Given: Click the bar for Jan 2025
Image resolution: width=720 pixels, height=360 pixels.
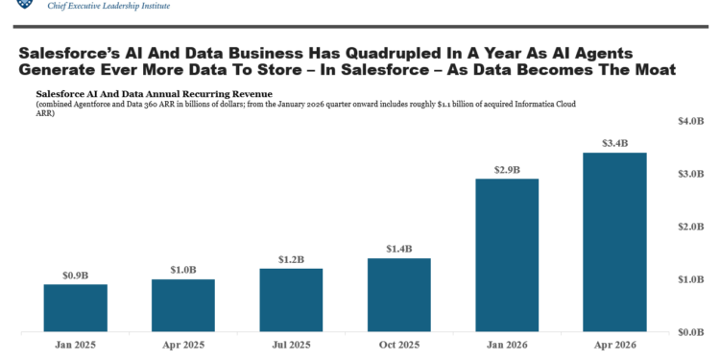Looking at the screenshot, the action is click(76, 307).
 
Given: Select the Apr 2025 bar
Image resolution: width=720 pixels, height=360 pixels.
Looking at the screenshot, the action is click(183, 305).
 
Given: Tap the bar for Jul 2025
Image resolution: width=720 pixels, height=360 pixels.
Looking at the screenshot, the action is click(291, 300).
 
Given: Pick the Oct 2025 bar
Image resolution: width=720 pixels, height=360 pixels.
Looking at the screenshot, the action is click(399, 295).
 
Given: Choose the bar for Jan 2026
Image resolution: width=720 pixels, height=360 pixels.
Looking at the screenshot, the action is click(507, 254).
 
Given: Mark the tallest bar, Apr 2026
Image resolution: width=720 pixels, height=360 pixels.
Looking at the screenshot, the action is click(614, 242).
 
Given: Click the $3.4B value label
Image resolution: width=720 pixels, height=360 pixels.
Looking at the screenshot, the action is click(614, 143).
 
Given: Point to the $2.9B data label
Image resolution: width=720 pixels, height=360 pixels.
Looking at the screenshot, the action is click(507, 170).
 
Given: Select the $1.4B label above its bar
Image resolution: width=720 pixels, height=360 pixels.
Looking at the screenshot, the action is click(399, 249).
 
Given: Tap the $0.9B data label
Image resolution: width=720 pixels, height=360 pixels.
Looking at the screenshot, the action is click(76, 276).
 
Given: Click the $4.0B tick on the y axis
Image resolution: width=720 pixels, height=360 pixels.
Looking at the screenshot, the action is click(690, 121).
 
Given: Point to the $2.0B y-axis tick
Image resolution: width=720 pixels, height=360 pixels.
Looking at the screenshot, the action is click(690, 227).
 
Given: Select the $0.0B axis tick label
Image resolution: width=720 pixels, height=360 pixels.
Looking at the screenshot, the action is click(690, 331).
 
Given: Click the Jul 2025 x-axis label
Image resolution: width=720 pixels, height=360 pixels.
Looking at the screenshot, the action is click(291, 345).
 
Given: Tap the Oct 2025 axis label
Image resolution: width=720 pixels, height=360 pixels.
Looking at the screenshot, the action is click(399, 345).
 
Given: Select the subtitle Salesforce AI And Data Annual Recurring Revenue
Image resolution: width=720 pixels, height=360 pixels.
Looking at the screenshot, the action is click(155, 94).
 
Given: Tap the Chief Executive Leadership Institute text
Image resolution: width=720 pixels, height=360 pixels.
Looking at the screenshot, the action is click(108, 6).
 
